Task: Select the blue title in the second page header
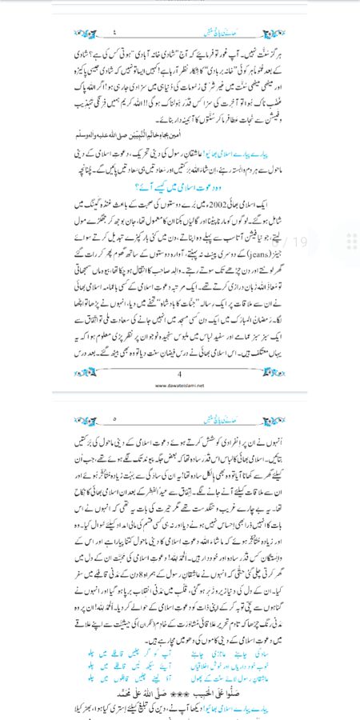pos(179,418)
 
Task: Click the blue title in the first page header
pos(179,33)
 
